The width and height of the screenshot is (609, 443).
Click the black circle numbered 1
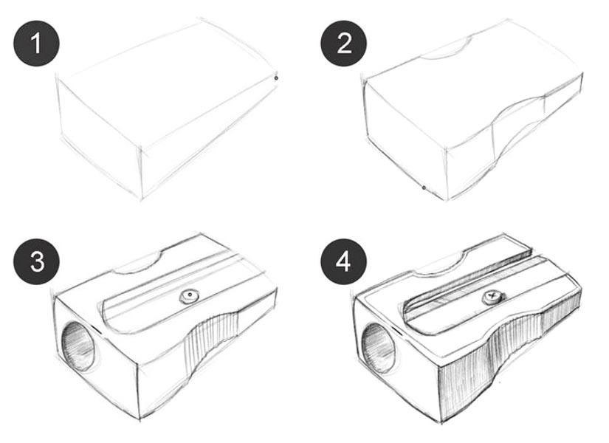tap(36, 43)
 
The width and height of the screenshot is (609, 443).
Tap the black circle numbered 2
tap(344, 43)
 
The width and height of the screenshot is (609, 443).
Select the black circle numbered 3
tap(36, 261)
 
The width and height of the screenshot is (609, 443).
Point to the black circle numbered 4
tap(344, 261)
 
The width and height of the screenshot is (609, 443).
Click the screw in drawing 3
tap(190, 297)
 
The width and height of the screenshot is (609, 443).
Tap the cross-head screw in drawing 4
tap(493, 298)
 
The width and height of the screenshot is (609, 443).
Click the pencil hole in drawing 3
tap(78, 346)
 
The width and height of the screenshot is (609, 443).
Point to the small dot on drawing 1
tap(276, 78)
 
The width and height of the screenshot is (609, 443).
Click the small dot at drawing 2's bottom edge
tap(424, 188)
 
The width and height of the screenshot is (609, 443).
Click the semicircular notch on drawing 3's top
tap(139, 264)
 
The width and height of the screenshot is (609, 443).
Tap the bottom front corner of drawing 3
tap(140, 419)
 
